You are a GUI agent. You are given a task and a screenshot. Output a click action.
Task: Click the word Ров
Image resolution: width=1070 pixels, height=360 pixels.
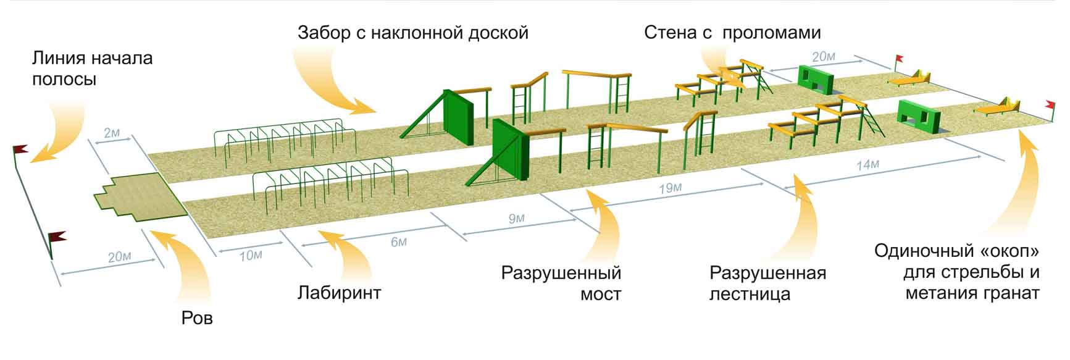coord(198,318)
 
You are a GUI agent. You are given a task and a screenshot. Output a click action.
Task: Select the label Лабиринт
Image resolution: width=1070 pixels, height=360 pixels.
coord(339,291)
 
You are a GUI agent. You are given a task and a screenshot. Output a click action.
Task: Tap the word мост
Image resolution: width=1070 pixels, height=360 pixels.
coord(600,295)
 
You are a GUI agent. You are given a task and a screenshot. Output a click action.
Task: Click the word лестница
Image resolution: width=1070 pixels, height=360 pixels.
coord(750,295)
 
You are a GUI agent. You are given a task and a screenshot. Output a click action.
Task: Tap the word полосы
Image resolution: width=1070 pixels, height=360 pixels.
coord(64,80)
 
